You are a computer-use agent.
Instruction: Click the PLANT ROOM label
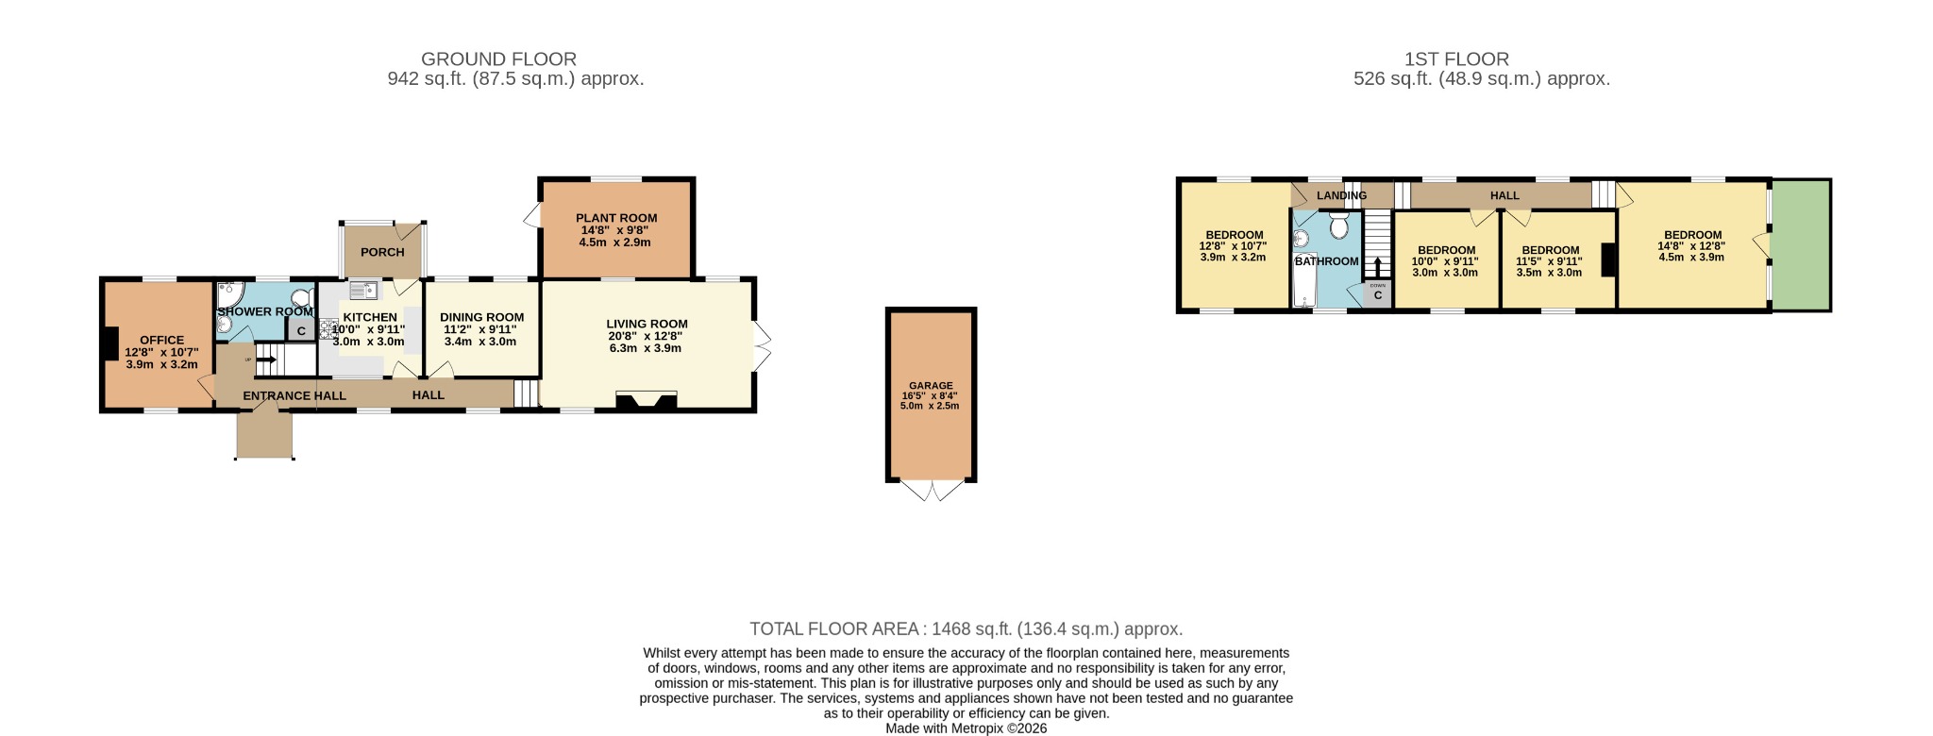pyautogui.click(x=616, y=218)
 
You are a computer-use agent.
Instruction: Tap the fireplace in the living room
pyautogui.click(x=647, y=401)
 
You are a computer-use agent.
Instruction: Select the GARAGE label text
pyautogui.click(x=931, y=386)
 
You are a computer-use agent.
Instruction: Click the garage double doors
pyautogui.click(x=932, y=491)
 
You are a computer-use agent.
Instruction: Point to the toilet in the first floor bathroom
pyautogui.click(x=1338, y=226)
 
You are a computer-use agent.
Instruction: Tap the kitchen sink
pyautogui.click(x=363, y=291)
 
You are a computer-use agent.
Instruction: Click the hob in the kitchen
pyautogui.click(x=328, y=329)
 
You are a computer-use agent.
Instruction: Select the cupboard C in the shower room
pyautogui.click(x=301, y=331)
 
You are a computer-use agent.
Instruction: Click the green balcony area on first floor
pyautogui.click(x=1801, y=245)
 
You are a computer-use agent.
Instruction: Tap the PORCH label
pyautogui.click(x=382, y=252)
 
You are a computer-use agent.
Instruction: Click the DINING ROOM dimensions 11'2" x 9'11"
pyautogui.click(x=481, y=330)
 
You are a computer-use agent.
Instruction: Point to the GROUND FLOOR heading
pyautogui.click(x=498, y=59)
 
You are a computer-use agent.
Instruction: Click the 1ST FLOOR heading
pyautogui.click(x=1456, y=59)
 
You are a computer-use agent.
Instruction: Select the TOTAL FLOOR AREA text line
pyautogui.click(x=966, y=628)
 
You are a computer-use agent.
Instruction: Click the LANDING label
pyautogui.click(x=1341, y=196)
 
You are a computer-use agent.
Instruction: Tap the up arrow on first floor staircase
pyautogui.click(x=1377, y=266)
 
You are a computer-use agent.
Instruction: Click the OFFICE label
pyautogui.click(x=162, y=341)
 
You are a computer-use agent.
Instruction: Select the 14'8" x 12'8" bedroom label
pyautogui.click(x=1691, y=245)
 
